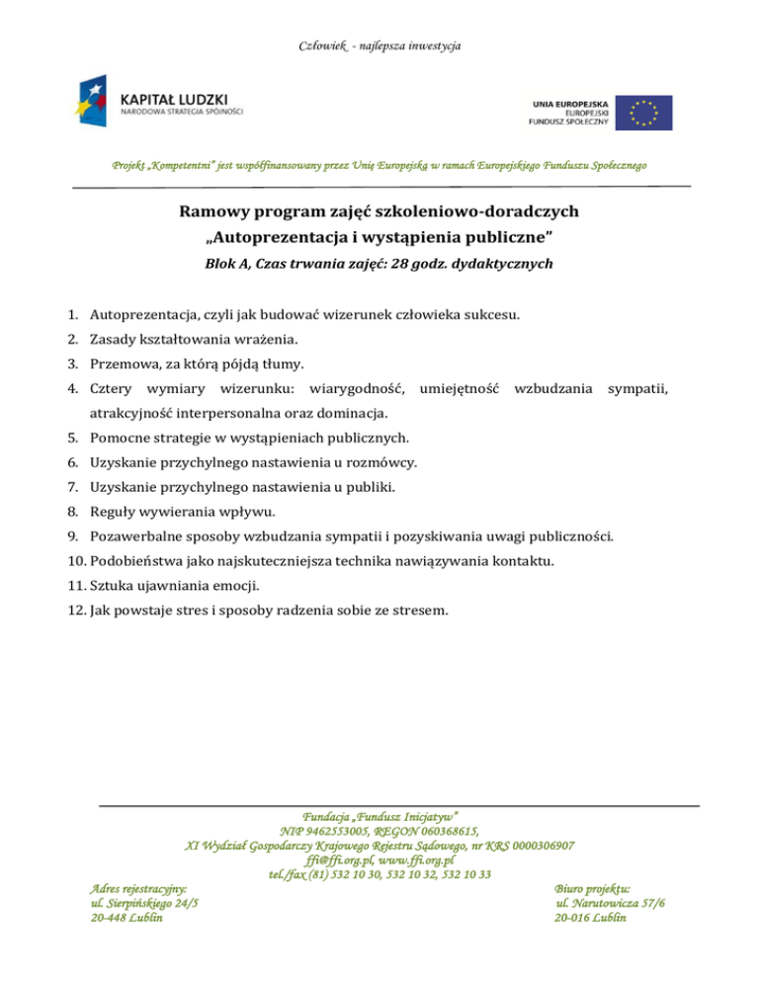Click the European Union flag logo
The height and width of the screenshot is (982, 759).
pyautogui.click(x=643, y=113)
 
